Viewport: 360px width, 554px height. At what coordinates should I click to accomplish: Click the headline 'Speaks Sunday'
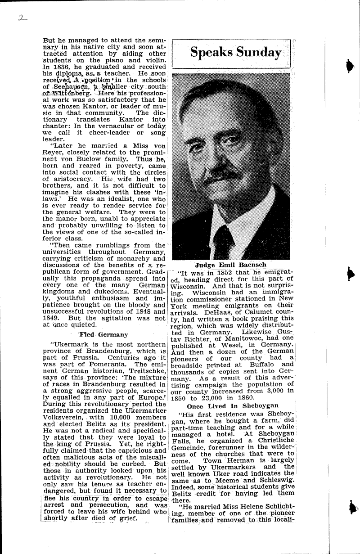pyautogui.click(x=235, y=52)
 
